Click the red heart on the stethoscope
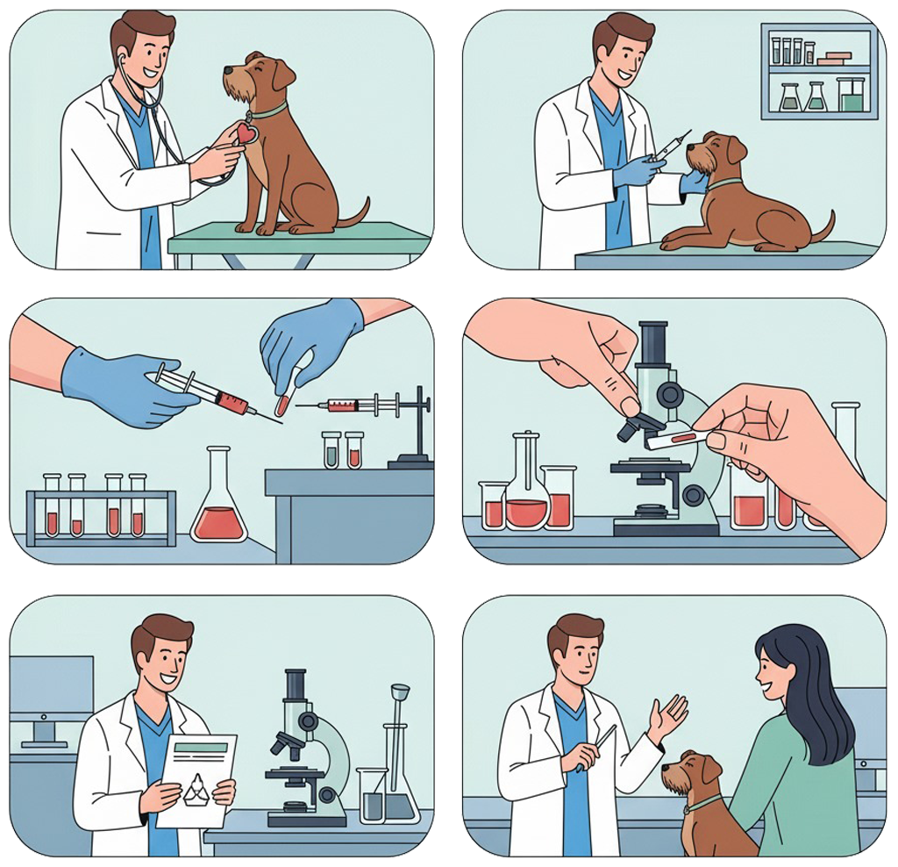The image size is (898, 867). [x=246, y=133]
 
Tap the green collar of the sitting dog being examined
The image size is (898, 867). [x=268, y=111]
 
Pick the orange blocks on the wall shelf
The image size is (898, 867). [x=834, y=59]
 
